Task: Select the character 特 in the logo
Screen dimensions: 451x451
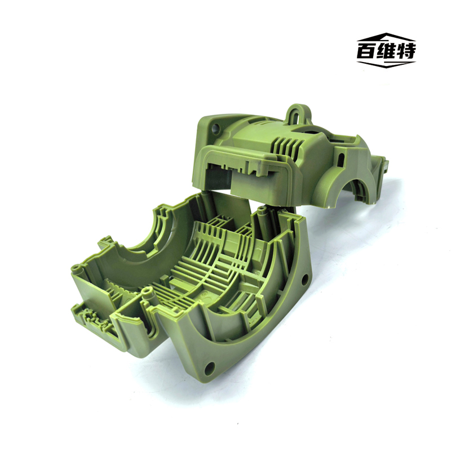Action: tap(406, 51)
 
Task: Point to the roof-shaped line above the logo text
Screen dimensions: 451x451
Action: tap(386, 37)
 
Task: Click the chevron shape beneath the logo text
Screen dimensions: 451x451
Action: tap(386, 64)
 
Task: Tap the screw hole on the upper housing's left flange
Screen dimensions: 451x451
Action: tap(215, 127)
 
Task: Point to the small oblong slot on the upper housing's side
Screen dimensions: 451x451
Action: tap(342, 158)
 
